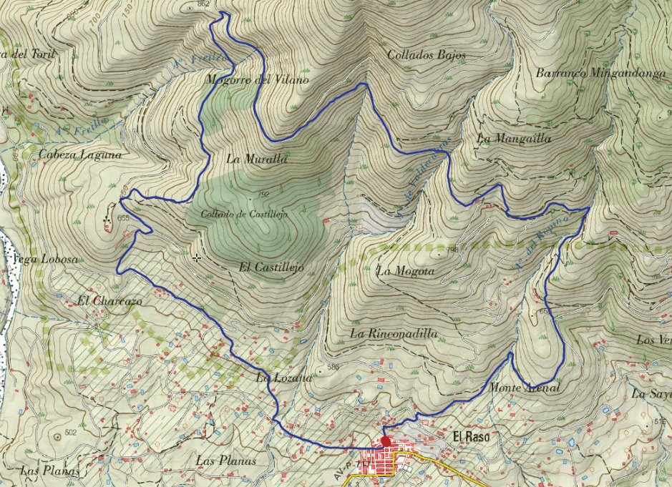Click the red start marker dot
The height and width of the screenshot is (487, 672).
click(x=386, y=441)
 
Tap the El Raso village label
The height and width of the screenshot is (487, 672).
click(x=470, y=436)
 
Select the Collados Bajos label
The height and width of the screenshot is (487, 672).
click(x=427, y=54)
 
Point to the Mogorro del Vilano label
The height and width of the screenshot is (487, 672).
click(x=256, y=80)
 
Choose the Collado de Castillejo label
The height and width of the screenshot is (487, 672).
click(x=243, y=214)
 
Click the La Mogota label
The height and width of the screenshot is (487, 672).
click(x=405, y=271)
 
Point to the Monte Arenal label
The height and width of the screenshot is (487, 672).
click(x=525, y=388)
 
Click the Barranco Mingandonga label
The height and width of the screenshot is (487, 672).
click(x=600, y=73)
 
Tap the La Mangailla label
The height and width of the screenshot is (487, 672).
click(x=514, y=139)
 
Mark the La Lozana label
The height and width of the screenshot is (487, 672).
click(x=284, y=377)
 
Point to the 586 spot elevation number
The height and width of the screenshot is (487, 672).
click(x=332, y=368)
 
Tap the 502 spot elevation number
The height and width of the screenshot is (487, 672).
click(x=70, y=433)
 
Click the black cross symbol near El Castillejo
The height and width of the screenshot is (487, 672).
click(x=197, y=257)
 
